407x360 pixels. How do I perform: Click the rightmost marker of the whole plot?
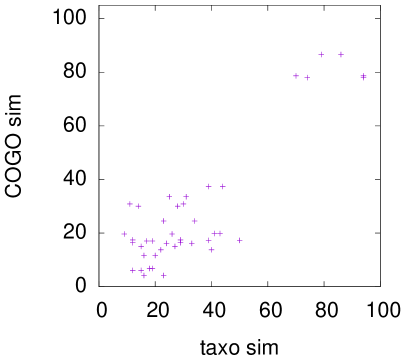click(363, 76)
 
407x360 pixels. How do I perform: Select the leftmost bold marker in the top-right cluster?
click(296, 76)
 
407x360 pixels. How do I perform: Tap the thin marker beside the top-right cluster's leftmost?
click(307, 77)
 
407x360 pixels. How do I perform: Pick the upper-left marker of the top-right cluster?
click(321, 55)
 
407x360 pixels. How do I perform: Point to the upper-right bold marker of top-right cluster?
click(341, 55)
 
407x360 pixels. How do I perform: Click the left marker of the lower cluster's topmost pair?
click(209, 187)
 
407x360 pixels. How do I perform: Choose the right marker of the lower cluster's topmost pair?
click(223, 187)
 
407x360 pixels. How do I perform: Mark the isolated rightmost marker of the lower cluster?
click(240, 240)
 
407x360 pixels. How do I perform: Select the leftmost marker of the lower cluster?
click(124, 234)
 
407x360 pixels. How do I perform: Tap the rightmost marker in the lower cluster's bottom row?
click(164, 275)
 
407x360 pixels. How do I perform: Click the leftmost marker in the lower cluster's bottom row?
click(132, 270)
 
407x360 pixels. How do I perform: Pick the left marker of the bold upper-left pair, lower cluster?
click(130, 204)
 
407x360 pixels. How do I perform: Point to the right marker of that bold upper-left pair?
click(139, 206)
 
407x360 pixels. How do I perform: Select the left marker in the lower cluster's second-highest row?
click(169, 197)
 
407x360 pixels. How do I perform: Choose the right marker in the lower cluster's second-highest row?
click(186, 197)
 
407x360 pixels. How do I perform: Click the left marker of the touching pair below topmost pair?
click(179, 206)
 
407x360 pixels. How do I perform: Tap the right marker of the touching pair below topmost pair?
click(184, 205)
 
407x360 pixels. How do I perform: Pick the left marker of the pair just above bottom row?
click(144, 255)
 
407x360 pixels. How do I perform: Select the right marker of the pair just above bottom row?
click(155, 255)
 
